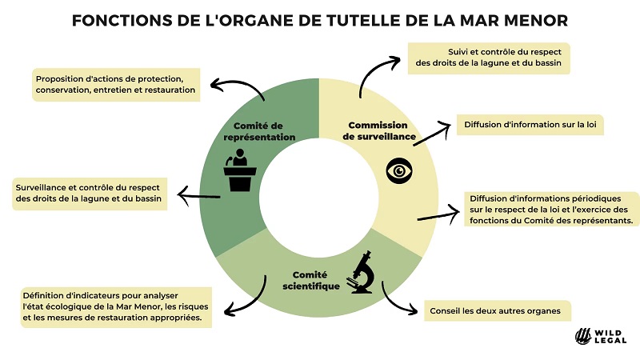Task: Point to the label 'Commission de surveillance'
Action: coord(379,131)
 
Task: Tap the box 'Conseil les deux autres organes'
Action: coord(490,310)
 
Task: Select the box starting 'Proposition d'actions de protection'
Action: coord(115,84)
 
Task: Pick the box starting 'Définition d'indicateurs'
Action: coord(114,306)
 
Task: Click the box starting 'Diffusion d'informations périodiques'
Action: coord(551,209)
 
